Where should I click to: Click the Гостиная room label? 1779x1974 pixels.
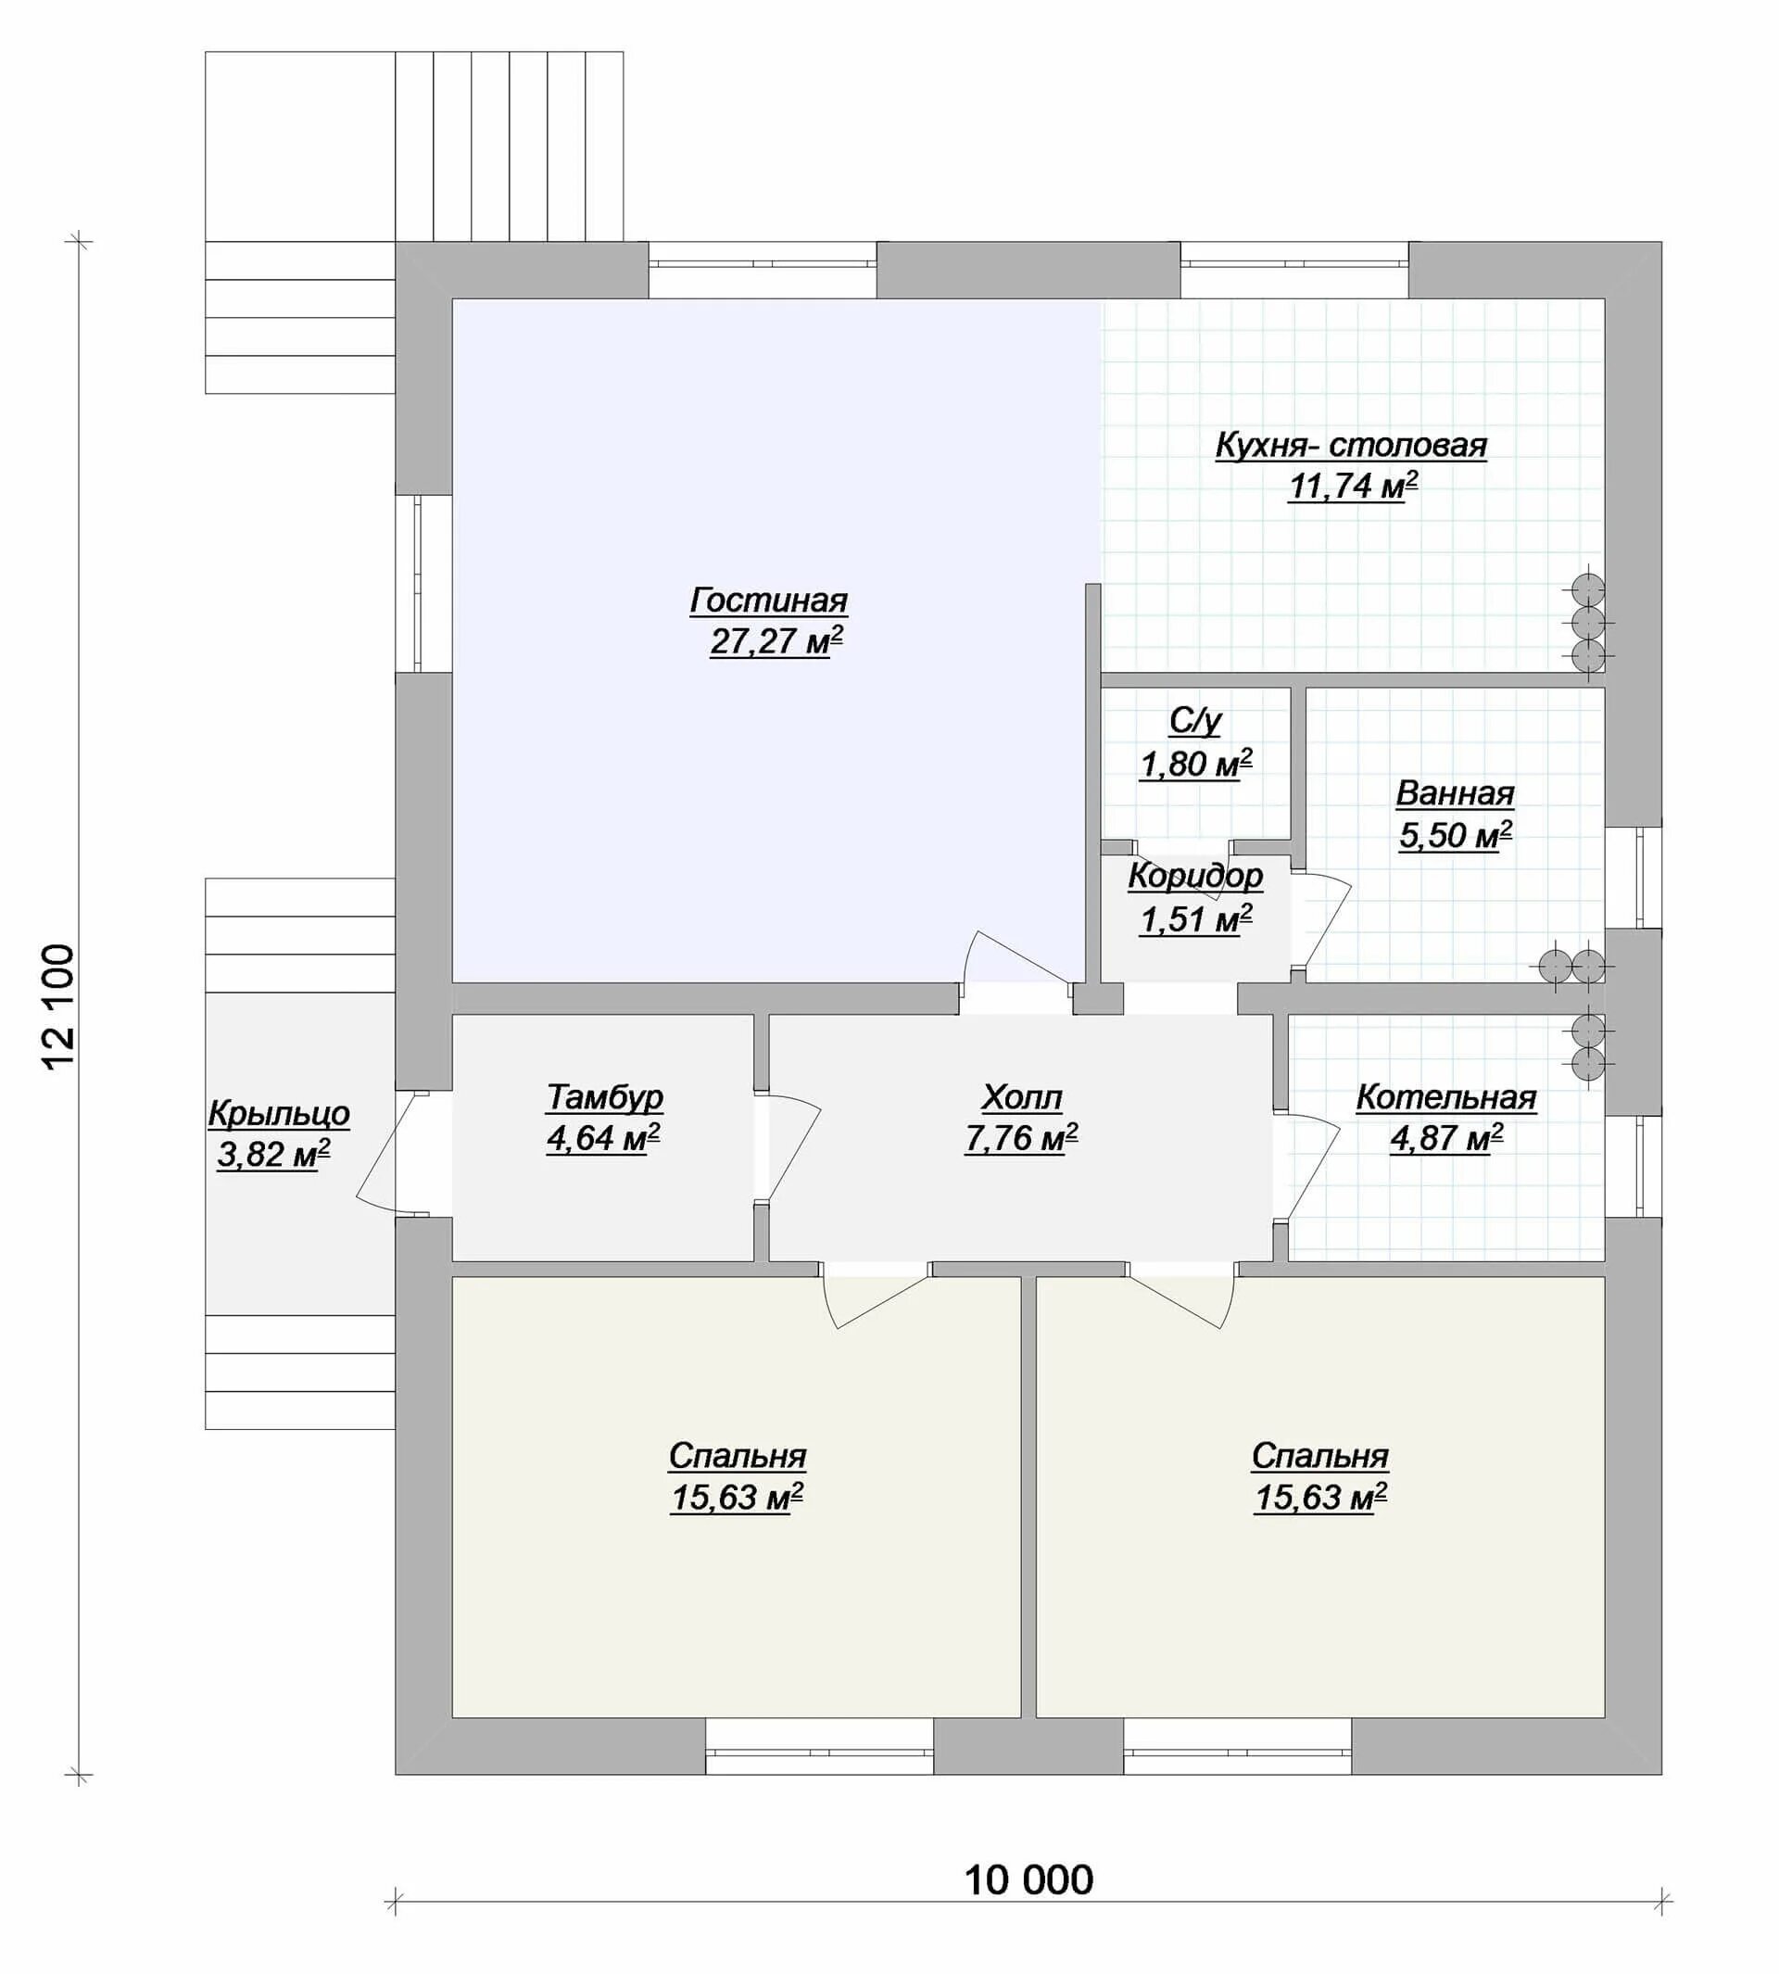(x=768, y=600)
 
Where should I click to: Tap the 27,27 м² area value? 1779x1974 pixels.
(x=776, y=641)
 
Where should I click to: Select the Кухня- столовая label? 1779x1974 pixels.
(x=1351, y=445)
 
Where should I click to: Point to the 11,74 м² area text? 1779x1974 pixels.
(x=1353, y=486)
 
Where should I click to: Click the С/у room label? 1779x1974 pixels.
(x=1194, y=722)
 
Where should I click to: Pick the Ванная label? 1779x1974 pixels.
(x=1455, y=793)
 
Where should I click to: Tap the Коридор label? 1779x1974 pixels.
(x=1195, y=876)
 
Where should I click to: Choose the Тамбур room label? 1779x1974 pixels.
(x=604, y=1097)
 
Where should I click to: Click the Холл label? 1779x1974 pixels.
(x=1021, y=1097)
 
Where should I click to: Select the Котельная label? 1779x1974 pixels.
(x=1445, y=1097)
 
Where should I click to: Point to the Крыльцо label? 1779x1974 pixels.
(x=279, y=1114)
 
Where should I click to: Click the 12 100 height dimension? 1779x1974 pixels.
(x=58, y=1006)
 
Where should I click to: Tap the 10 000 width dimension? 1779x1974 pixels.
(x=1028, y=1879)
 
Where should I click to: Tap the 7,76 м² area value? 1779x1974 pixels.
(x=1021, y=1139)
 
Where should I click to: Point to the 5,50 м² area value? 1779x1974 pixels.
(x=1456, y=835)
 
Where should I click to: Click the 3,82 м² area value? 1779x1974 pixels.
(x=273, y=1155)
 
